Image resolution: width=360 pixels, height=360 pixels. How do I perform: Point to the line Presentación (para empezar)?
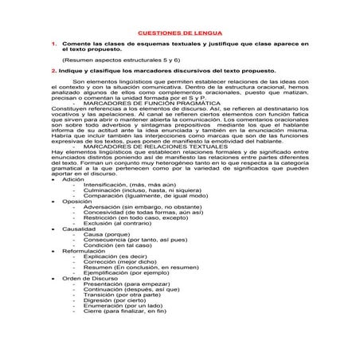(127, 284)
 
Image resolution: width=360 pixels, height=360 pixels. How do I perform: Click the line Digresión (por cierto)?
(116, 298)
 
